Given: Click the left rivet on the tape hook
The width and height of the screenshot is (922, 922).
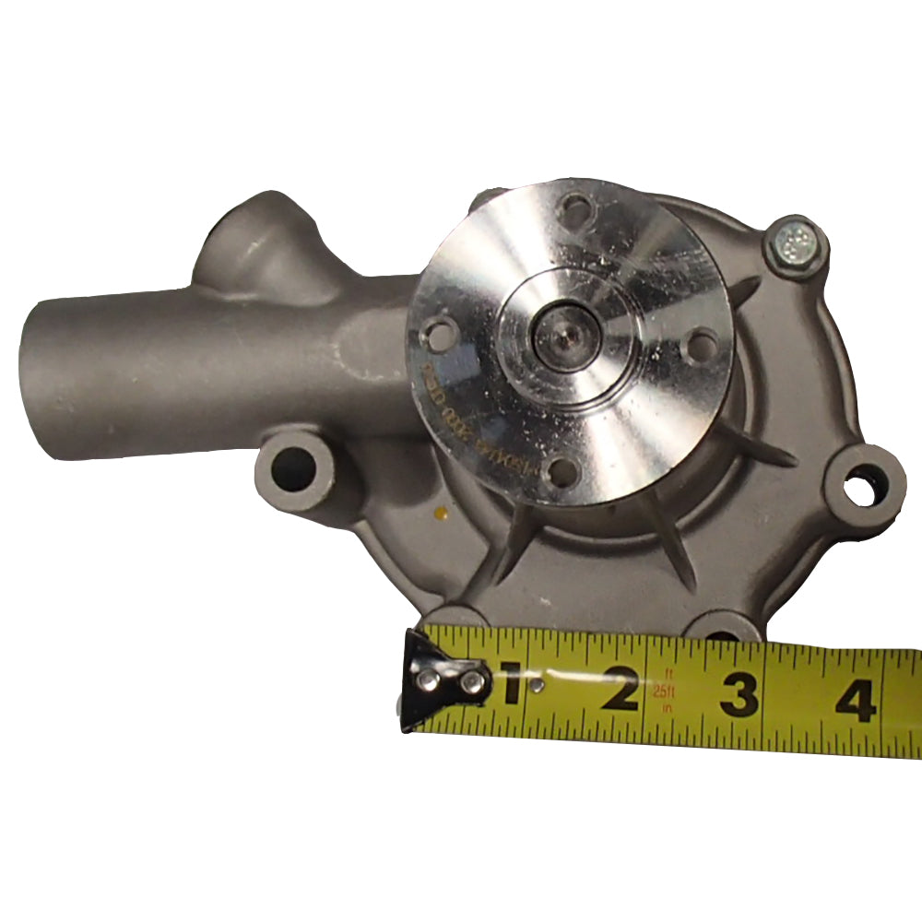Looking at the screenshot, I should [x=427, y=681].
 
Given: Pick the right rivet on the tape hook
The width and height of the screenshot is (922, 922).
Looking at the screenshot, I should [x=474, y=683].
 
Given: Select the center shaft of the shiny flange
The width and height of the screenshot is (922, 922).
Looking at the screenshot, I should [x=563, y=337].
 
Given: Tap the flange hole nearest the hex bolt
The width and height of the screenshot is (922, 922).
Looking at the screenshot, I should [x=703, y=344].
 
